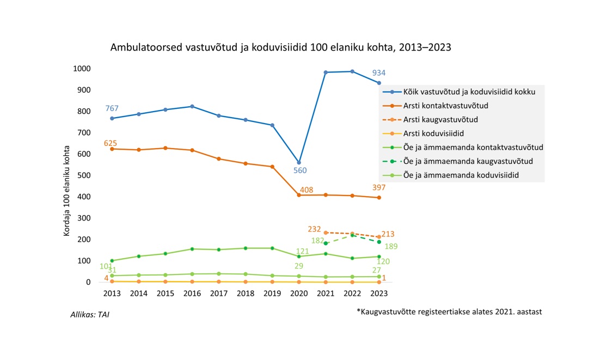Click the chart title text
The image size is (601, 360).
coord(280,47)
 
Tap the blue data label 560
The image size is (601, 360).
coord(300,170)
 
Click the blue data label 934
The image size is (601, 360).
coord(379,73)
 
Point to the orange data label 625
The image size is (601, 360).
coord(111,143)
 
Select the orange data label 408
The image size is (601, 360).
coord(306,190)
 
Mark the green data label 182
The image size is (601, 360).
coord(317,240)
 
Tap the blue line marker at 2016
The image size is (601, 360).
coord(192,106)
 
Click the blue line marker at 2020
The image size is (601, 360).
coord(299,162)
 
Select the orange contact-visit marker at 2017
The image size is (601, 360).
coord(219,159)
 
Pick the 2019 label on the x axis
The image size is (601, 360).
coord(272,293)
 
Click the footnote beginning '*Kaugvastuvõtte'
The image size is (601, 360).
coord(449,312)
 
